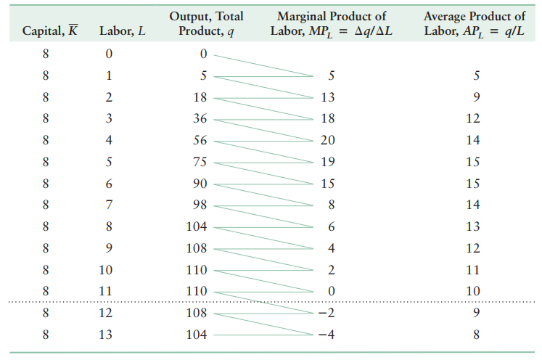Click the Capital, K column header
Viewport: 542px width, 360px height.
(x=51, y=33)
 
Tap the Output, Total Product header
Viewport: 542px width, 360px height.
(x=206, y=24)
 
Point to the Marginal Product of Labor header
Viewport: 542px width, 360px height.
(x=332, y=24)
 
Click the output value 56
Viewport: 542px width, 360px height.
(x=200, y=141)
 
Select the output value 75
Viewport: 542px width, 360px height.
(x=200, y=162)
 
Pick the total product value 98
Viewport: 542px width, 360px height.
(x=200, y=205)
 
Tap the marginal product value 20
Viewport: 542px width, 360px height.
(x=327, y=141)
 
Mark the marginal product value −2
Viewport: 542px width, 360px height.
(x=325, y=313)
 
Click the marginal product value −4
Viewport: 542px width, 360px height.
(x=325, y=335)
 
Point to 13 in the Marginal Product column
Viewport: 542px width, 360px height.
(x=327, y=97)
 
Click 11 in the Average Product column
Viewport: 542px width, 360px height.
(x=473, y=270)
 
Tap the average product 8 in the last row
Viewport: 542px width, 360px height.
(x=475, y=335)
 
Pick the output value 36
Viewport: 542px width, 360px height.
(x=200, y=119)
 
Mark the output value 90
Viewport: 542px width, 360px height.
(x=200, y=184)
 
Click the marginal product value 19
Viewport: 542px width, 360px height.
(x=327, y=162)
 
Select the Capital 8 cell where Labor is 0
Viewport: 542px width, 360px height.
(x=46, y=54)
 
